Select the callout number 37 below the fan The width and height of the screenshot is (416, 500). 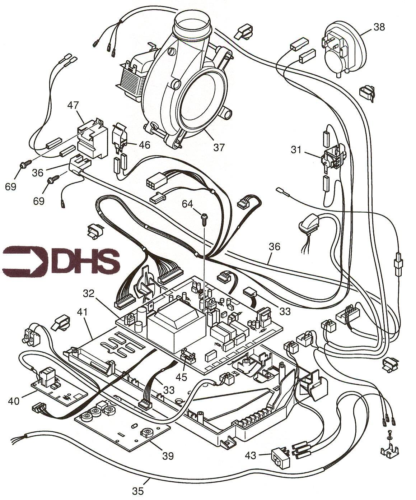(x=219, y=147)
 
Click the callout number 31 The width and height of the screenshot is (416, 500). (x=296, y=150)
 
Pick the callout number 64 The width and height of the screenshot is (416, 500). (x=187, y=204)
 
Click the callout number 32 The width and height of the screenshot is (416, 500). (x=89, y=293)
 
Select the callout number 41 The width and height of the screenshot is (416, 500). (x=83, y=312)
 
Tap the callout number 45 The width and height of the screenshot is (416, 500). (x=181, y=377)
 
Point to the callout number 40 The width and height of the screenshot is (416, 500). (x=14, y=401)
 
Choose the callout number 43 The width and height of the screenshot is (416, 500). (x=251, y=455)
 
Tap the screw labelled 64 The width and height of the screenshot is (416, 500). (x=204, y=219)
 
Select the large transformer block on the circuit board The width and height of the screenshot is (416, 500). (x=177, y=334)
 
